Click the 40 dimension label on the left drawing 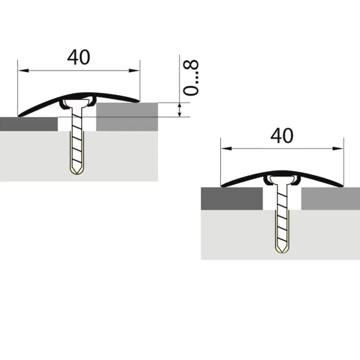click(79, 57)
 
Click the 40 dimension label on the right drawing click(282, 136)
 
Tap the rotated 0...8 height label click(191, 78)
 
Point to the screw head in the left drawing click(77, 103)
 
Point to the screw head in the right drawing click(282, 179)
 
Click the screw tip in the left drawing click(77, 174)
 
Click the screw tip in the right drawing click(282, 252)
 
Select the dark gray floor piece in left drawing click(29, 124)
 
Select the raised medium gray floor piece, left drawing click(127, 117)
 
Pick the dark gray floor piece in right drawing click(232, 199)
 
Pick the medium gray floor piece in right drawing click(331, 199)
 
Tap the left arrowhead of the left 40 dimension click(23, 70)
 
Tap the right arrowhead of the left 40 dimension click(134, 70)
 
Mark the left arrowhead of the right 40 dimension click(226, 148)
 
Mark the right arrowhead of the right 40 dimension click(338, 148)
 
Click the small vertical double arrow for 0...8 click(180, 110)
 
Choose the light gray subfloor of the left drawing click(79, 156)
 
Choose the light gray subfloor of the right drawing click(281, 235)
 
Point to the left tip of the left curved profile click(19, 116)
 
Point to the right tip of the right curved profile click(343, 186)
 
